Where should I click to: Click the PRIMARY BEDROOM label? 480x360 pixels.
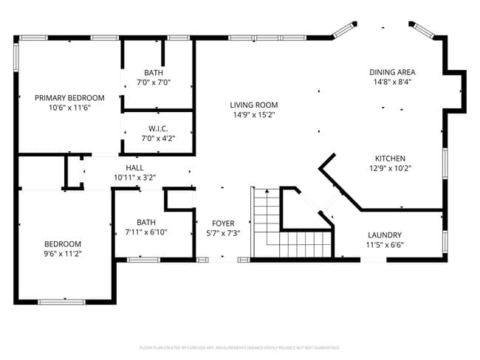click(70, 97)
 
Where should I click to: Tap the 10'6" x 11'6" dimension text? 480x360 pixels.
click(70, 108)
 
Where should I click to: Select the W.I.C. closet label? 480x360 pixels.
click(158, 128)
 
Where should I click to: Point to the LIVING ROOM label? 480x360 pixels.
click(253, 105)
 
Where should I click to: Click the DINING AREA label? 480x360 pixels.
click(392, 72)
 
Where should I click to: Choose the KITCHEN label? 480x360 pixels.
click(390, 159)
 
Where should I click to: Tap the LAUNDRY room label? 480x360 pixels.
click(385, 235)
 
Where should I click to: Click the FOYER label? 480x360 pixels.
click(222, 222)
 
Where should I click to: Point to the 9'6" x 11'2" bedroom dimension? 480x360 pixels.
click(62, 254)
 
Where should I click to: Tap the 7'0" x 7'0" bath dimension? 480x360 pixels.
click(154, 83)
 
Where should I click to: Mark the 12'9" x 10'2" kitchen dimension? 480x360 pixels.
click(390, 168)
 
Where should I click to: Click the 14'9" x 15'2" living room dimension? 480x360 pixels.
click(253, 114)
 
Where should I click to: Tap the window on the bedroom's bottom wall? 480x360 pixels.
click(61, 301)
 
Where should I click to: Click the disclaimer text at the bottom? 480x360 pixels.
click(239, 347)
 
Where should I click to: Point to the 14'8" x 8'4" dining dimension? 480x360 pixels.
click(392, 82)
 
